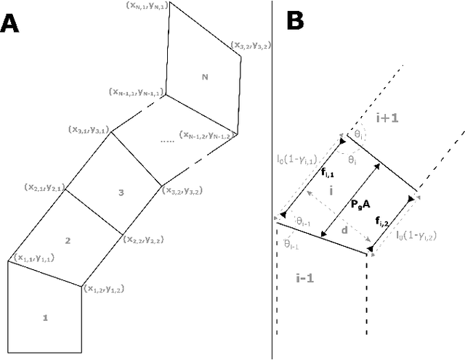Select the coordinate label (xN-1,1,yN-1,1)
coord(135,93)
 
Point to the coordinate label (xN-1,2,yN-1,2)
coord(209,135)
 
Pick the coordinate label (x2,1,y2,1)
coord(44,187)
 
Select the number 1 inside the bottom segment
coord(45,318)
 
